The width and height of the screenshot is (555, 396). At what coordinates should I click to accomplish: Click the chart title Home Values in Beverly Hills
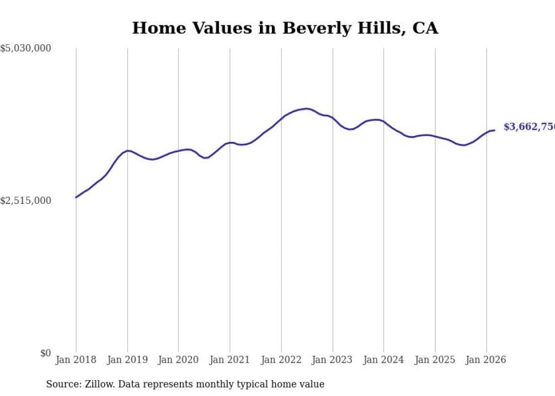(285, 28)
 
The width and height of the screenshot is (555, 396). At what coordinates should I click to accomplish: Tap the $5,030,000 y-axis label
(25, 49)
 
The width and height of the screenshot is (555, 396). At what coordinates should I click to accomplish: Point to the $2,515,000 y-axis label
(25, 201)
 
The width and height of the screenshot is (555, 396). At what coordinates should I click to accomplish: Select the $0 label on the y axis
(45, 353)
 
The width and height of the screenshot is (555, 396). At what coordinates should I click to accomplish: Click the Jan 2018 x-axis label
(76, 360)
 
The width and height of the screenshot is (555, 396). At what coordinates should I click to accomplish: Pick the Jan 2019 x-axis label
(127, 360)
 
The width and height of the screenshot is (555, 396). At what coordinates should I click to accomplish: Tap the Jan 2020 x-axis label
(178, 360)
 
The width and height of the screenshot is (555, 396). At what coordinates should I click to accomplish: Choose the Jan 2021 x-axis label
(230, 360)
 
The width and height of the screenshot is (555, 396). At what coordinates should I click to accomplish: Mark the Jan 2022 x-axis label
(281, 360)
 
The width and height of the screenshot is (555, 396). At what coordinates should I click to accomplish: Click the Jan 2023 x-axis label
(332, 360)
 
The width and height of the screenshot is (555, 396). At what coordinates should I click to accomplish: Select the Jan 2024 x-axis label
(383, 360)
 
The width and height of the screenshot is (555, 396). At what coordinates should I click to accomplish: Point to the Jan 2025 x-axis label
(435, 360)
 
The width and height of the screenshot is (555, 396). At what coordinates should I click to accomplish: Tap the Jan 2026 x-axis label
(486, 360)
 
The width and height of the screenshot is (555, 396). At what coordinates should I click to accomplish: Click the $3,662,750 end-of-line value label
(529, 127)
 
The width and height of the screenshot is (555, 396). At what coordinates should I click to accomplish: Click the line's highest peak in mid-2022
(307, 108)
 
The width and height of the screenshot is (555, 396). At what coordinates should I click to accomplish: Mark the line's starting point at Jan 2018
(76, 197)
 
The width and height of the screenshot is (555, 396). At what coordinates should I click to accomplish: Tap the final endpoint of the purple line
(494, 130)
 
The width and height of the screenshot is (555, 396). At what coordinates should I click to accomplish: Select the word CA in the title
(425, 28)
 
